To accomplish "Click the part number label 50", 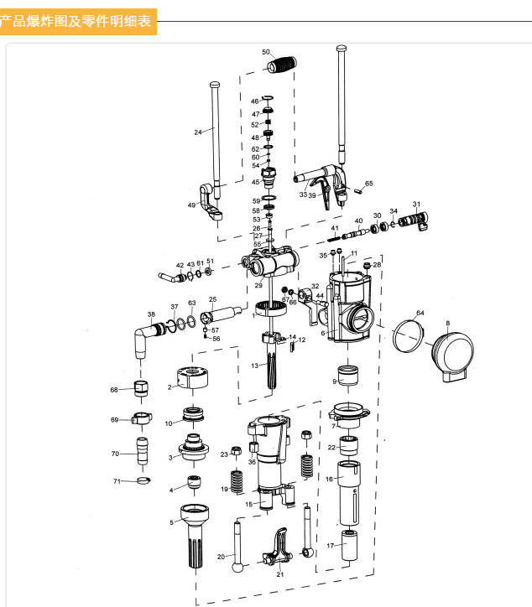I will [266, 52].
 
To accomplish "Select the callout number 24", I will [198, 132].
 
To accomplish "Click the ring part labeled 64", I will [411, 338].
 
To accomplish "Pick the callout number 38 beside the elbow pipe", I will [151, 315].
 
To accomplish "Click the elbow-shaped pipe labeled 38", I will [143, 339].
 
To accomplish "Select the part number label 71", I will [117, 481].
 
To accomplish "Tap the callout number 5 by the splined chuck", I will [172, 522].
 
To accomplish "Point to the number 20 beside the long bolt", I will [222, 556].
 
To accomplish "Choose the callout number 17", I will [330, 545].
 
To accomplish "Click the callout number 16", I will [330, 479].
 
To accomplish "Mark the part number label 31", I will [416, 205].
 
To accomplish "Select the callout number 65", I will [368, 183].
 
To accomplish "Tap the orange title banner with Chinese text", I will [78, 20].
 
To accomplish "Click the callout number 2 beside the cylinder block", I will [170, 387].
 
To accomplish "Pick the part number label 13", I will [254, 366].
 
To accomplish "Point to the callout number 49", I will [191, 205].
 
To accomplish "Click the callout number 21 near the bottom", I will [280, 574].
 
